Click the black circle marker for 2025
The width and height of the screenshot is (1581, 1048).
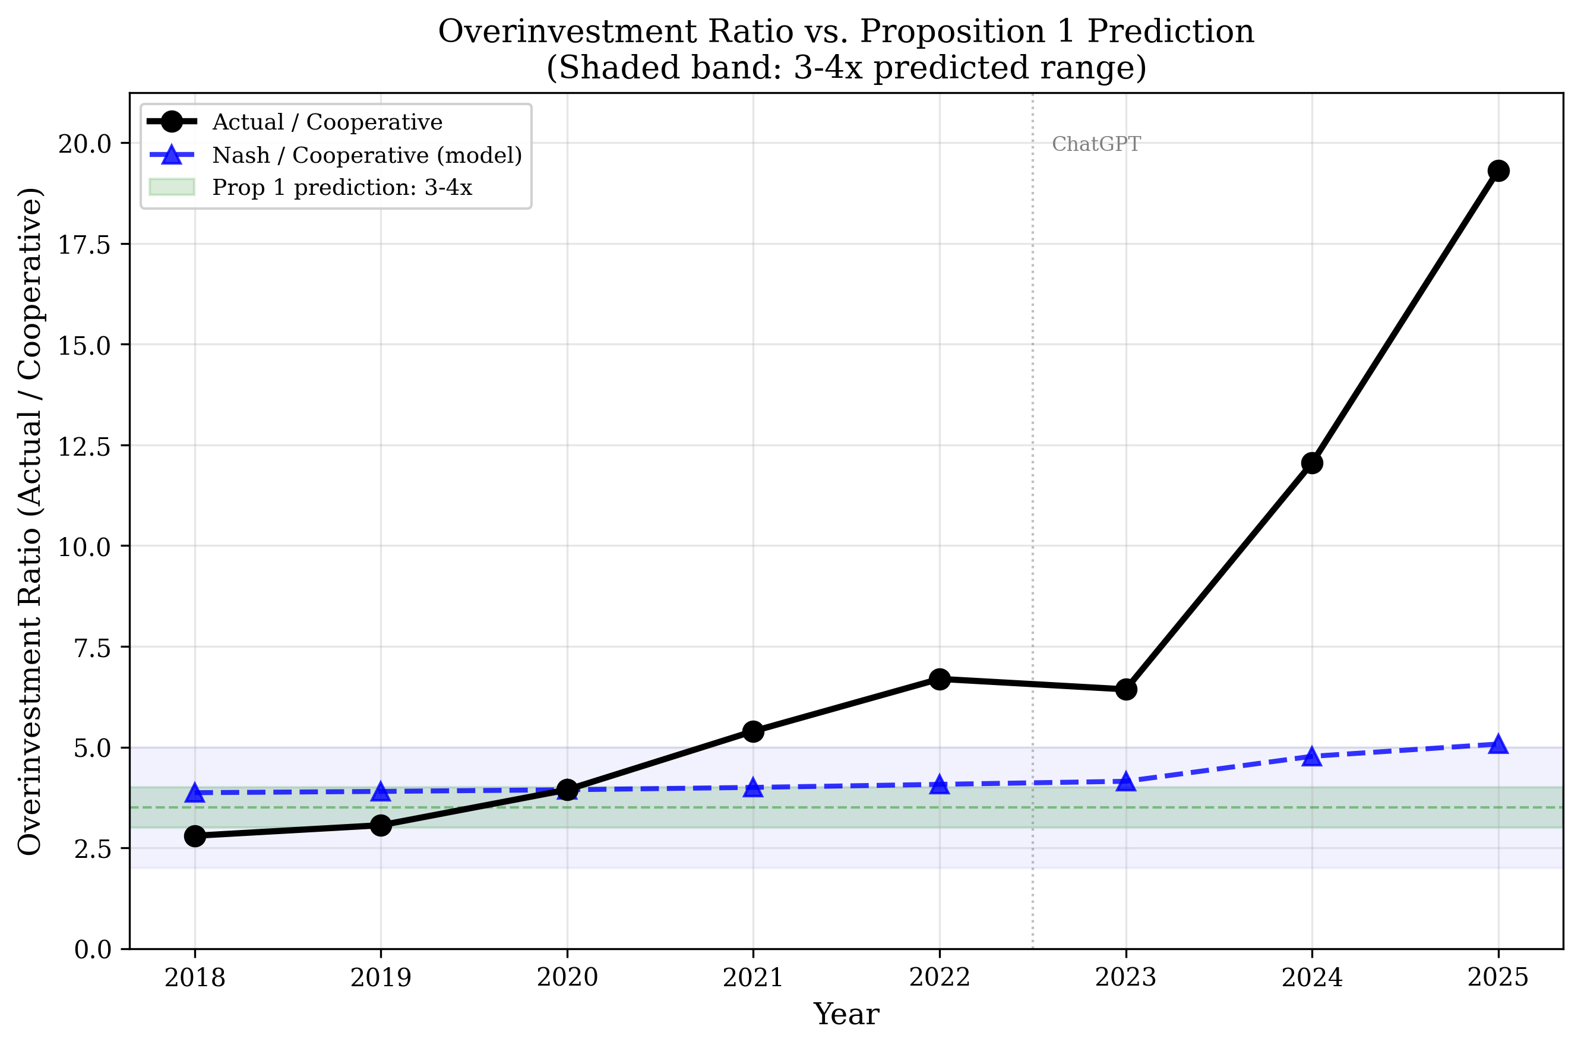coord(1497,171)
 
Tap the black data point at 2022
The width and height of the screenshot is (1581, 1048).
coord(940,679)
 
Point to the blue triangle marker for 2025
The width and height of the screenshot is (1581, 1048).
coord(1497,744)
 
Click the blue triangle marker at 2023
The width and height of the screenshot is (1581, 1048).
coord(1126,782)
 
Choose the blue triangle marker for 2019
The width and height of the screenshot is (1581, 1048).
coord(381,792)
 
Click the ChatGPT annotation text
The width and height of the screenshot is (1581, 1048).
coord(1096,144)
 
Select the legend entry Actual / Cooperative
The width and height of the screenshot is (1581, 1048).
coord(327,122)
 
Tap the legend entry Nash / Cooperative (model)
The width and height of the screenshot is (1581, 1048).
coord(366,155)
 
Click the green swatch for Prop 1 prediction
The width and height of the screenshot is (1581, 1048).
coord(172,187)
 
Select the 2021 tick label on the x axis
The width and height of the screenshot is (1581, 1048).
coord(753,978)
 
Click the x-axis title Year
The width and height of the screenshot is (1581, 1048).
coord(846,1015)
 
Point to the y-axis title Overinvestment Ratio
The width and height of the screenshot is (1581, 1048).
coord(30,522)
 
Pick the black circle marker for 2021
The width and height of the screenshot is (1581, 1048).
coord(753,732)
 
